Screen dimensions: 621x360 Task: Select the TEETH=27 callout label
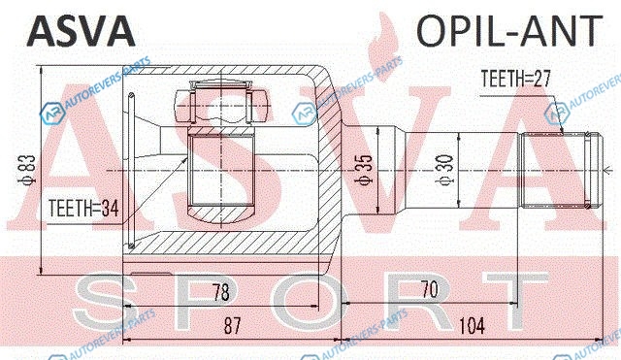515,79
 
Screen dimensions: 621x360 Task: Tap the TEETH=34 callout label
83,208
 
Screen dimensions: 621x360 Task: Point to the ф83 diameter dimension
28,171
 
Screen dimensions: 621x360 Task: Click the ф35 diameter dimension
363,169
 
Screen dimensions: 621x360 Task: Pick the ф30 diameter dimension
443,170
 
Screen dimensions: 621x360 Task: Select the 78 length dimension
220,292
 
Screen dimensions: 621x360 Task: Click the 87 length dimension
232,325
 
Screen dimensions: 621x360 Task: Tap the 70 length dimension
430,289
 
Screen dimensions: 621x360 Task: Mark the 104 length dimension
472,326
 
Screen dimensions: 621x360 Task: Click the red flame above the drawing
382,48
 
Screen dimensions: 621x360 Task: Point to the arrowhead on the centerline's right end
605,171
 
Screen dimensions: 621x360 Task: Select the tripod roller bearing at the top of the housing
220,106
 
